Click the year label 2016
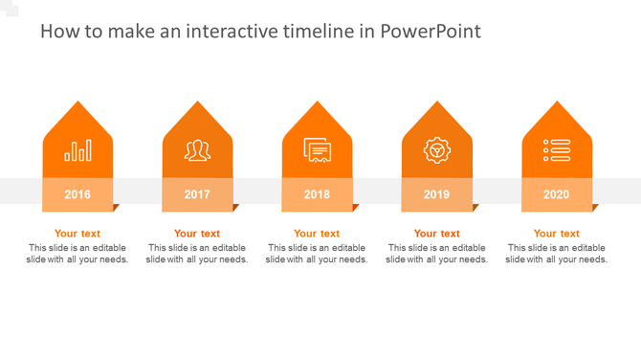[77, 194]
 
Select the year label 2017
[197, 194]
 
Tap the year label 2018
[317, 194]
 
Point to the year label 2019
[436, 194]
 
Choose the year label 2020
[556, 194]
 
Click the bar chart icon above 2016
[77, 150]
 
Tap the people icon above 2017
[197, 150]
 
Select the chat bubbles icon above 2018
[317, 150]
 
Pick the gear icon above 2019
[436, 150]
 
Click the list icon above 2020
[556, 150]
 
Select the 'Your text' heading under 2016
[77, 234]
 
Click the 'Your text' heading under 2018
[317, 234]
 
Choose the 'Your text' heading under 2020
[556, 234]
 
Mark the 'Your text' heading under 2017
[197, 234]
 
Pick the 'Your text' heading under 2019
[436, 234]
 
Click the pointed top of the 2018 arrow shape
[317, 106]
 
